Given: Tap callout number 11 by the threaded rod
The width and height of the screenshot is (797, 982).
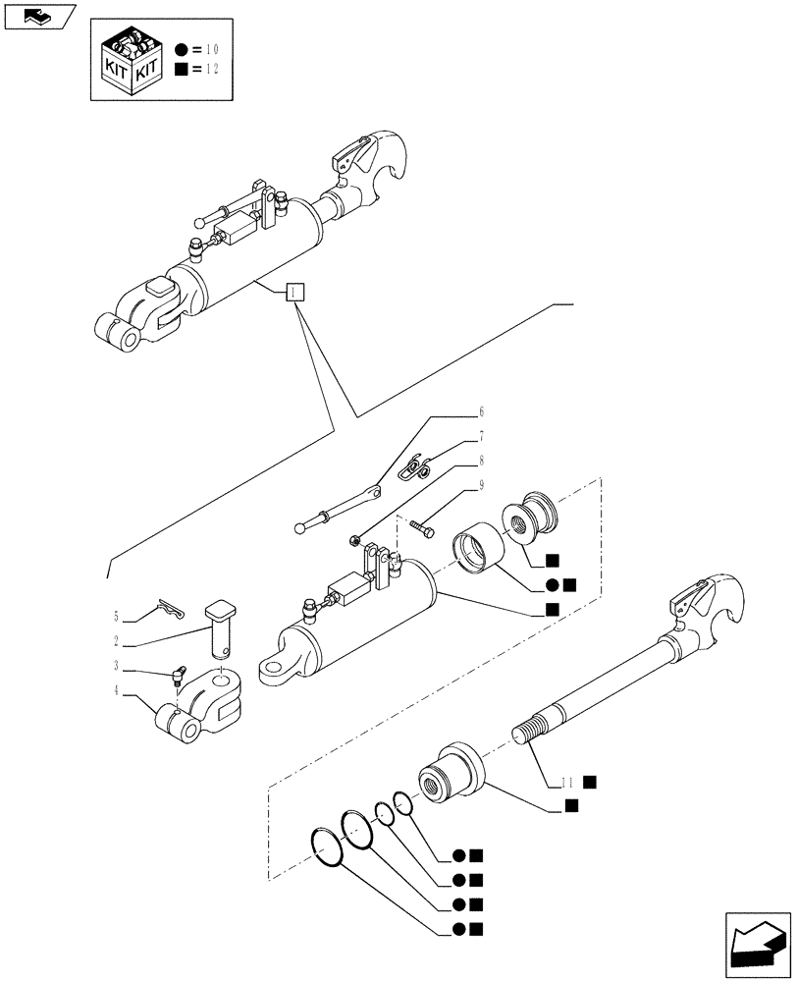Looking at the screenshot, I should pos(566,783).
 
